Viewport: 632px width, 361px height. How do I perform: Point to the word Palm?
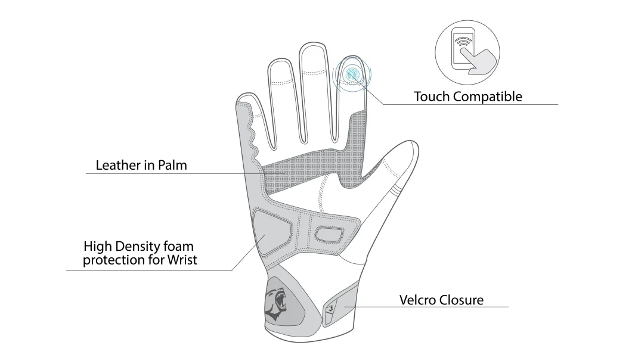click(x=172, y=165)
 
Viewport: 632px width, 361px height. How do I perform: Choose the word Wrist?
click(x=182, y=260)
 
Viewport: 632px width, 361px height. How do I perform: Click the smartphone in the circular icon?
click(x=464, y=48)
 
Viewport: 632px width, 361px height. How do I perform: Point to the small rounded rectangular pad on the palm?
click(x=330, y=234)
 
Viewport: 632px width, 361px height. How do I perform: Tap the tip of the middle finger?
click(x=313, y=43)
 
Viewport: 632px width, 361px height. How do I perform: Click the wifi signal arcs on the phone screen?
click(x=463, y=40)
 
